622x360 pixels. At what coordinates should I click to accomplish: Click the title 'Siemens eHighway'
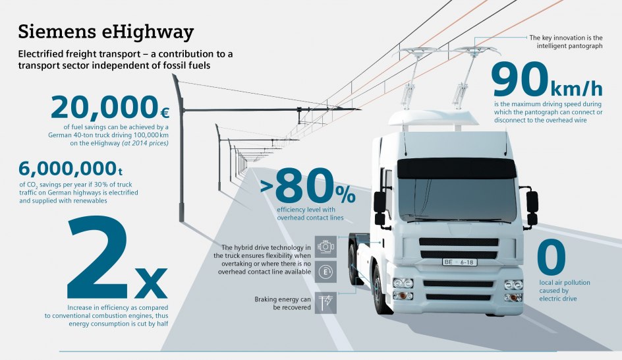(105, 32)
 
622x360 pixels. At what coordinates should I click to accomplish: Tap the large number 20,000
(104, 107)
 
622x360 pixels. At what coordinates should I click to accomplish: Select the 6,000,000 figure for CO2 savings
(67, 169)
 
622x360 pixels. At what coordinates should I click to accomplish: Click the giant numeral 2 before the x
(98, 257)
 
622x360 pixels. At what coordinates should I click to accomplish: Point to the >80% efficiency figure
(308, 186)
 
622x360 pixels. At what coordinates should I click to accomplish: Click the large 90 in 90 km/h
(520, 79)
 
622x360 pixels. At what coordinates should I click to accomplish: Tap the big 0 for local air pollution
(551, 257)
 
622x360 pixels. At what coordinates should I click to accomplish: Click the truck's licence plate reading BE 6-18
(460, 262)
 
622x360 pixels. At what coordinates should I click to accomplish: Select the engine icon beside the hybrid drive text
(325, 247)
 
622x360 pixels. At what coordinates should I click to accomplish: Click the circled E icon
(325, 272)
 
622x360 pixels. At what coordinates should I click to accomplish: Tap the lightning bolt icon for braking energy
(325, 303)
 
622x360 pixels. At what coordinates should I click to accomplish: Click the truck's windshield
(457, 199)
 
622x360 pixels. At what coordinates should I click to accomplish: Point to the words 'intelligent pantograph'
(570, 46)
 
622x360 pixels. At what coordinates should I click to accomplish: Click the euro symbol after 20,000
(165, 113)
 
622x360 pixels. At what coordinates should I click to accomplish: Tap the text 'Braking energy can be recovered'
(283, 303)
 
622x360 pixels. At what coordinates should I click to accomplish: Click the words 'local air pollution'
(565, 283)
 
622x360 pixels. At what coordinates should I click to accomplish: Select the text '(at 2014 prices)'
(145, 143)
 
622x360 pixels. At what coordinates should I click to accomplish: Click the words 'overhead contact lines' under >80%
(310, 218)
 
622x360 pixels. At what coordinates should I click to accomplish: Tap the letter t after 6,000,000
(120, 171)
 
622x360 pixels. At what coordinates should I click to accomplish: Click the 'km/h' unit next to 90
(577, 88)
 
